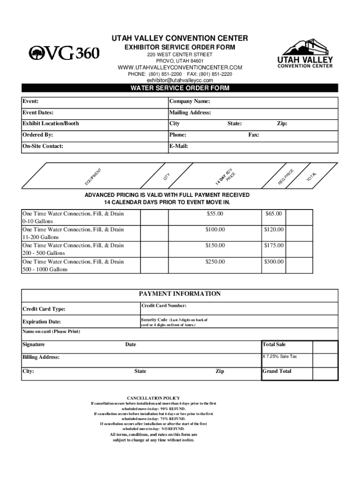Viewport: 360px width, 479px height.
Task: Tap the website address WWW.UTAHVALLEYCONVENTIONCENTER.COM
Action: coord(180,68)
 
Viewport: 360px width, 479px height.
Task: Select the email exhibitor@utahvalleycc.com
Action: coord(180,80)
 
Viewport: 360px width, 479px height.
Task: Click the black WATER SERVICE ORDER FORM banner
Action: coord(180,88)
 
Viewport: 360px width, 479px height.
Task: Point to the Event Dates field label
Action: coord(38,113)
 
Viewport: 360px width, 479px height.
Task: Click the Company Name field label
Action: coord(189,102)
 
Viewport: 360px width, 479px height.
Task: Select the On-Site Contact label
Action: coord(43,146)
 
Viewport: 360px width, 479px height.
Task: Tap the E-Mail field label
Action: coord(179,146)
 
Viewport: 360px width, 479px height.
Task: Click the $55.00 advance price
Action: coord(215,214)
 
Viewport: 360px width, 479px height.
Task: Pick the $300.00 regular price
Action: coord(274,261)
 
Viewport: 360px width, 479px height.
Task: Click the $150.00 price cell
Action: coord(215,246)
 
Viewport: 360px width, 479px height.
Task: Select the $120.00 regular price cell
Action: coord(274,230)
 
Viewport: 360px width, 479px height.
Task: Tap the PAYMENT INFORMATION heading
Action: coord(180,294)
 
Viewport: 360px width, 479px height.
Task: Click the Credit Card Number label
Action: coord(164,305)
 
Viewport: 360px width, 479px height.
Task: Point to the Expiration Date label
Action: coord(42,322)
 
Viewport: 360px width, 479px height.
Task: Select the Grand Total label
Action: coord(277,371)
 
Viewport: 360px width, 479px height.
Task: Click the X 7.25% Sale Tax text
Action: coord(280,356)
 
